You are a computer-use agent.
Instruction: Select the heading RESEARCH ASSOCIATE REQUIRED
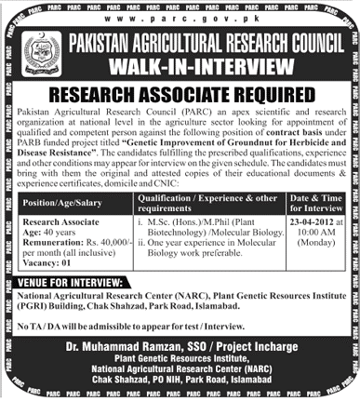point(180,93)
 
